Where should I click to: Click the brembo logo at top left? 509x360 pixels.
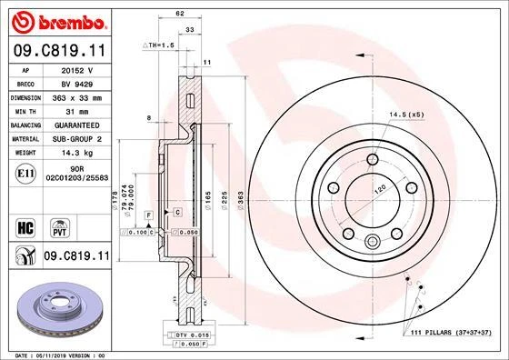[55, 19]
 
